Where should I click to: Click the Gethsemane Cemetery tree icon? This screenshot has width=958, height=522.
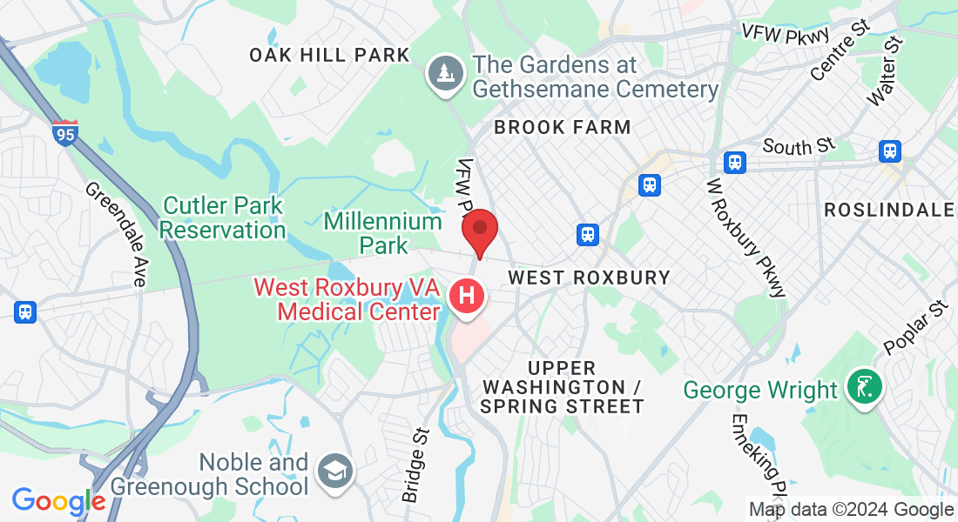click(x=445, y=73)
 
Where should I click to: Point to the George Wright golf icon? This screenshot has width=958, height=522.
click(x=865, y=388)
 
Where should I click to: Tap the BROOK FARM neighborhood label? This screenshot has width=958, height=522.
click(x=562, y=127)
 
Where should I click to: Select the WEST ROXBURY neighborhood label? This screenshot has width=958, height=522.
click(x=589, y=278)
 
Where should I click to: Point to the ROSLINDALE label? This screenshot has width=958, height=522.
click(x=887, y=210)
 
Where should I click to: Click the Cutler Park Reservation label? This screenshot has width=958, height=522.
click(x=223, y=217)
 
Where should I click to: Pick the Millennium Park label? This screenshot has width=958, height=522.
click(x=383, y=233)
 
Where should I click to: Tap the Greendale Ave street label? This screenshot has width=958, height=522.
click(x=116, y=234)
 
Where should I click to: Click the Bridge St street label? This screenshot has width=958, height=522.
click(x=415, y=465)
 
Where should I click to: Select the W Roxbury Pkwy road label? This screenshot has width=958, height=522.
click(x=746, y=238)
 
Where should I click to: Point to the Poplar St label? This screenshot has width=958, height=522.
click(x=914, y=327)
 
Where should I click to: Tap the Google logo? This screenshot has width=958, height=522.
click(x=57, y=502)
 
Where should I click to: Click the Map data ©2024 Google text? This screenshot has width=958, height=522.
click(x=851, y=510)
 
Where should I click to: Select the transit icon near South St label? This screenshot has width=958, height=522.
click(x=735, y=162)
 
